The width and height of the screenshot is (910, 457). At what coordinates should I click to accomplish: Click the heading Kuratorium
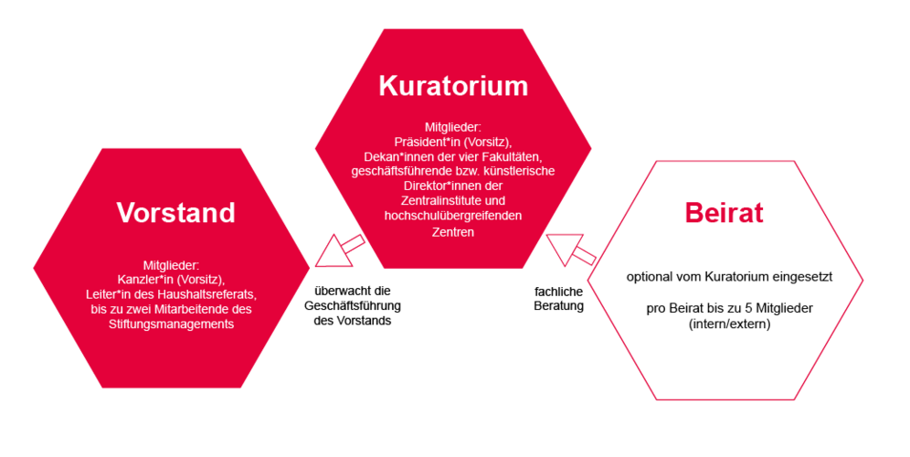453,86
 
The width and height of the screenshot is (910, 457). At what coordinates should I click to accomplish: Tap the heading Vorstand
175,213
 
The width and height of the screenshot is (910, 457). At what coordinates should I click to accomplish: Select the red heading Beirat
725,213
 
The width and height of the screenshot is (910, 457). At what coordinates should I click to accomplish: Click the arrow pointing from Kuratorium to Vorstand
340,250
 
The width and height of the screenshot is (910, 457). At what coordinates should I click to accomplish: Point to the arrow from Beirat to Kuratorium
571,250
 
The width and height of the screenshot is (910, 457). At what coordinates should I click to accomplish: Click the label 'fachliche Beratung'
559,299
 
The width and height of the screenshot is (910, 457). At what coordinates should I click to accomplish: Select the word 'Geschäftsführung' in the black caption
353,305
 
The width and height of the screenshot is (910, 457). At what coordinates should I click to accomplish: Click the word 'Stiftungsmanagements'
171,324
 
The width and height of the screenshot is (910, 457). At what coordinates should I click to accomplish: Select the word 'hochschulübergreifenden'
452,216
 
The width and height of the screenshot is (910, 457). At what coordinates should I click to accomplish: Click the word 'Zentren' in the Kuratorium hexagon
452,232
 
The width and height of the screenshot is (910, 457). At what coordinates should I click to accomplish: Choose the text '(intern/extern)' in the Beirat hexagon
729,324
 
